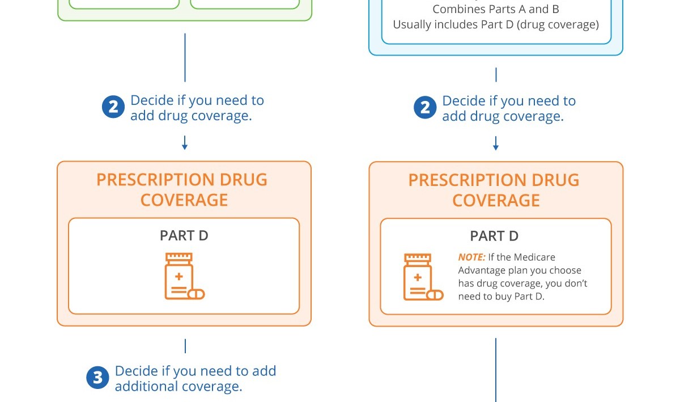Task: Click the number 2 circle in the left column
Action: tap(113, 108)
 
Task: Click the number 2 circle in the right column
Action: tap(425, 108)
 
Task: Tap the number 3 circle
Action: tap(97, 379)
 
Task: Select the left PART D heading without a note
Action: tap(184, 236)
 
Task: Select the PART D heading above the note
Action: tap(494, 236)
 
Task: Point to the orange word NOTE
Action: tap(471, 257)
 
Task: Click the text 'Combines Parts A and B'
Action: tap(496, 10)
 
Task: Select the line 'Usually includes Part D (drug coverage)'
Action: tap(496, 25)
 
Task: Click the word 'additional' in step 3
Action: tap(145, 387)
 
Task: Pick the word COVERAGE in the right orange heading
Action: tap(496, 200)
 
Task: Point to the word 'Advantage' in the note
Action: tap(482, 270)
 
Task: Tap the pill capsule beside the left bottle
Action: tap(195, 294)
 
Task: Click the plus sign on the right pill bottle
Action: tap(418, 277)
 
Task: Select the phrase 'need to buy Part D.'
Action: tap(501, 297)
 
